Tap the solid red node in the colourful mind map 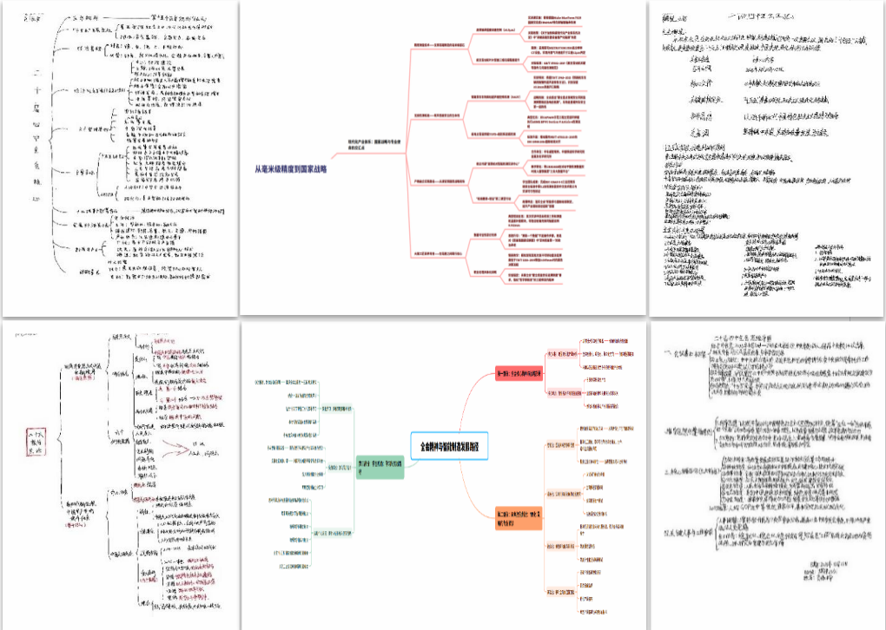518,374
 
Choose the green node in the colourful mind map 380,466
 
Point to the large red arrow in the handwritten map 184,448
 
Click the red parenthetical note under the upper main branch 83,378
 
